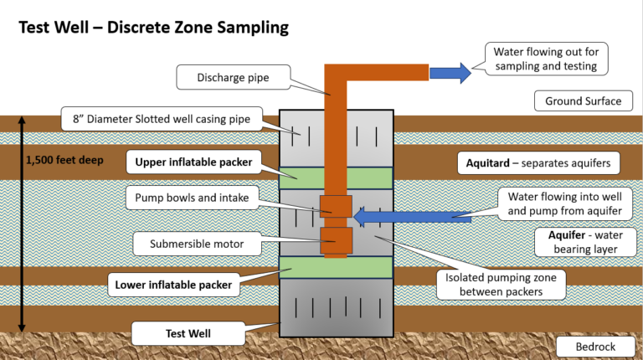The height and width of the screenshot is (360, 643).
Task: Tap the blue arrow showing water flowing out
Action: [x=449, y=73]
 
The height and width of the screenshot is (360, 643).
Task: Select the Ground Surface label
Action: [x=583, y=101]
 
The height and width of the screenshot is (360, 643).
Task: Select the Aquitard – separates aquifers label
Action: [x=538, y=162]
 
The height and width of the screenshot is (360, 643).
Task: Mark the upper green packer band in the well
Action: [x=336, y=177]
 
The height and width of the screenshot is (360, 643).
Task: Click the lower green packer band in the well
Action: [x=336, y=267]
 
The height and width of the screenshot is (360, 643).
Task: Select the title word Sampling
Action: [x=246, y=27]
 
